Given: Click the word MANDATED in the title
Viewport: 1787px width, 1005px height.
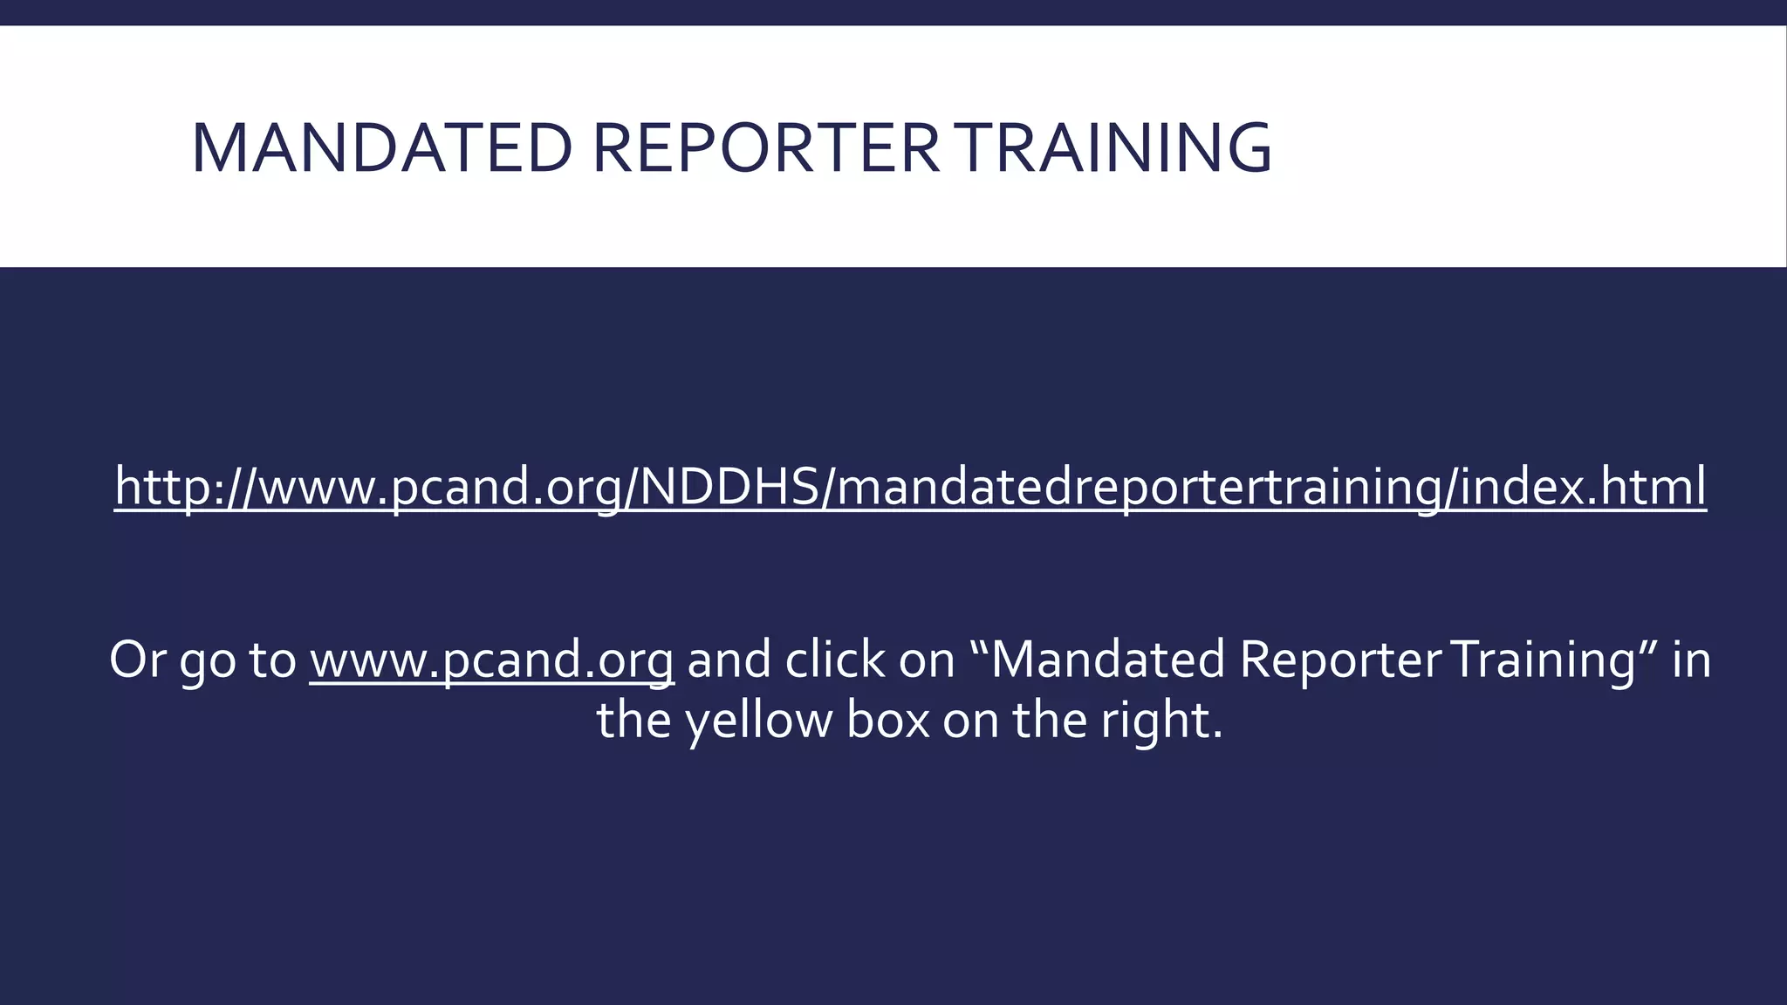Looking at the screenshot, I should (x=380, y=148).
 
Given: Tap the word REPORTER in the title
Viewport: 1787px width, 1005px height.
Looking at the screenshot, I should (x=766, y=148).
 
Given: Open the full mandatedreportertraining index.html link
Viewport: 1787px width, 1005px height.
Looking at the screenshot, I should (x=910, y=486).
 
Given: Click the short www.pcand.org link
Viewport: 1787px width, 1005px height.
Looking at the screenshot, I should (x=491, y=660).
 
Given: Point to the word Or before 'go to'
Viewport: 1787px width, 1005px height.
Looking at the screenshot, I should (x=137, y=660).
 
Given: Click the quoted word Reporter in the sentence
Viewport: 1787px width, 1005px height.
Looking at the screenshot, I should (x=1340, y=660).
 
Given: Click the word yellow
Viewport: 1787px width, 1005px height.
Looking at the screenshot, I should (x=758, y=722).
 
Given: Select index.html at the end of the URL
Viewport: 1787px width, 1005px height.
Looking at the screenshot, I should (x=1583, y=486).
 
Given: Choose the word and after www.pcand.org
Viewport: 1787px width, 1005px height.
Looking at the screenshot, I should (x=729, y=660).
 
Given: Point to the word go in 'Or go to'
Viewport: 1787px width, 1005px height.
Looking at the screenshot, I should (x=208, y=661).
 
